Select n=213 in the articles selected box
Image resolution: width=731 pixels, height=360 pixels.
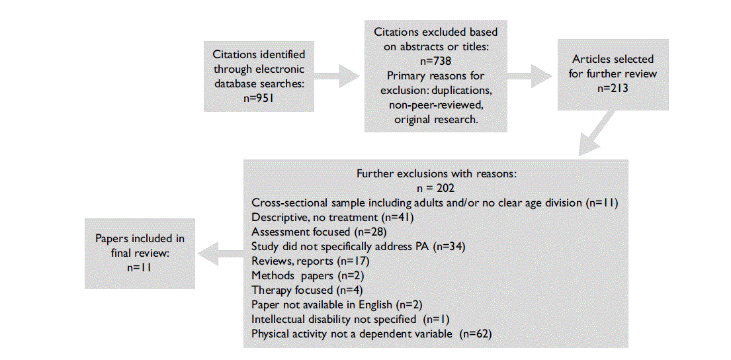pos(613,88)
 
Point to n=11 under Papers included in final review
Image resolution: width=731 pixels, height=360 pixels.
pos(139,267)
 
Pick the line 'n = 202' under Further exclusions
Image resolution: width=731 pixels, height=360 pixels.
pos(435,188)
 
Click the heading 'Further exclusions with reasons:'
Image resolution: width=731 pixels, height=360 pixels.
pos(435,174)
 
